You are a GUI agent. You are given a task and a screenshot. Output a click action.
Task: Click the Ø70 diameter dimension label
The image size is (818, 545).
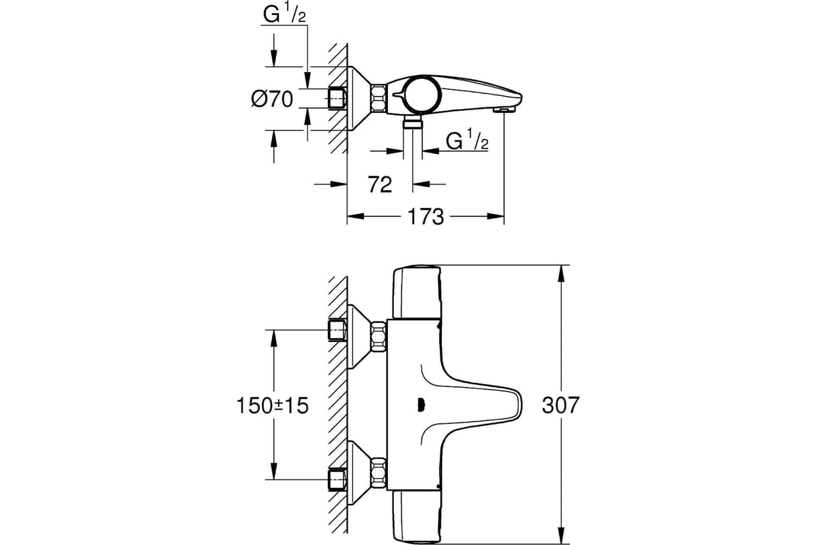click(x=272, y=99)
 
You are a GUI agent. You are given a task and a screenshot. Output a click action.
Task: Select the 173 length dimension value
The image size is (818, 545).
click(x=425, y=217)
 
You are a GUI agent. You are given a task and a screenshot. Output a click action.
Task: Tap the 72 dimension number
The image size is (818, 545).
click(x=380, y=185)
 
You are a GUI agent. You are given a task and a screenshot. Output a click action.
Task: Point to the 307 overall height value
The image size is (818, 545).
click(x=560, y=405)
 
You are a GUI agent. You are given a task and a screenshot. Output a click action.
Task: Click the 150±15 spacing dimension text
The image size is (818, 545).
click(x=273, y=405)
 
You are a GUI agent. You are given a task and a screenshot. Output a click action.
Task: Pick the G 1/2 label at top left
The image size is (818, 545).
click(x=284, y=15)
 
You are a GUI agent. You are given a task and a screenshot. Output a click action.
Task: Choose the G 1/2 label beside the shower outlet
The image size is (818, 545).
click(x=467, y=140)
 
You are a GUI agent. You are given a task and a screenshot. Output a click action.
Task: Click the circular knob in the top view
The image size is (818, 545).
click(x=423, y=95)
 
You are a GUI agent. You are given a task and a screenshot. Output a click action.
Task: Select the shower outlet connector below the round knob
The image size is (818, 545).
click(x=412, y=123)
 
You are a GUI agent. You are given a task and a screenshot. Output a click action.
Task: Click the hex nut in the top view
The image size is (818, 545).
click(x=378, y=98)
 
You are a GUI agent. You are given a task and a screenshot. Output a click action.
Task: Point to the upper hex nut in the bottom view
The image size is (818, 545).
click(x=379, y=337)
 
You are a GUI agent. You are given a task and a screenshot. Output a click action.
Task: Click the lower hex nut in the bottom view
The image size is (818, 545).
click(x=379, y=473)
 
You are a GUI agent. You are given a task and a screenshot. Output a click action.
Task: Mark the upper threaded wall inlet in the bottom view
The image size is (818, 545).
click(x=337, y=330)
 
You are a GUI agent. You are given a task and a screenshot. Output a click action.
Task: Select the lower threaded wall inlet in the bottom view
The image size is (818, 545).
click(x=337, y=480)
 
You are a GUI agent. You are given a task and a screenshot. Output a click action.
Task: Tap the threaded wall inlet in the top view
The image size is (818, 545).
click(x=337, y=98)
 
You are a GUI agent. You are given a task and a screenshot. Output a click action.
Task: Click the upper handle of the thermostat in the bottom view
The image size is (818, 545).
click(x=417, y=292)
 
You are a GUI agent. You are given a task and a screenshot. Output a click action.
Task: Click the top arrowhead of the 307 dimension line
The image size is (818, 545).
click(x=561, y=273)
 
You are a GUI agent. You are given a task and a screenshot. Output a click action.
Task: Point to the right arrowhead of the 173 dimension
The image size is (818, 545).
click(x=496, y=217)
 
